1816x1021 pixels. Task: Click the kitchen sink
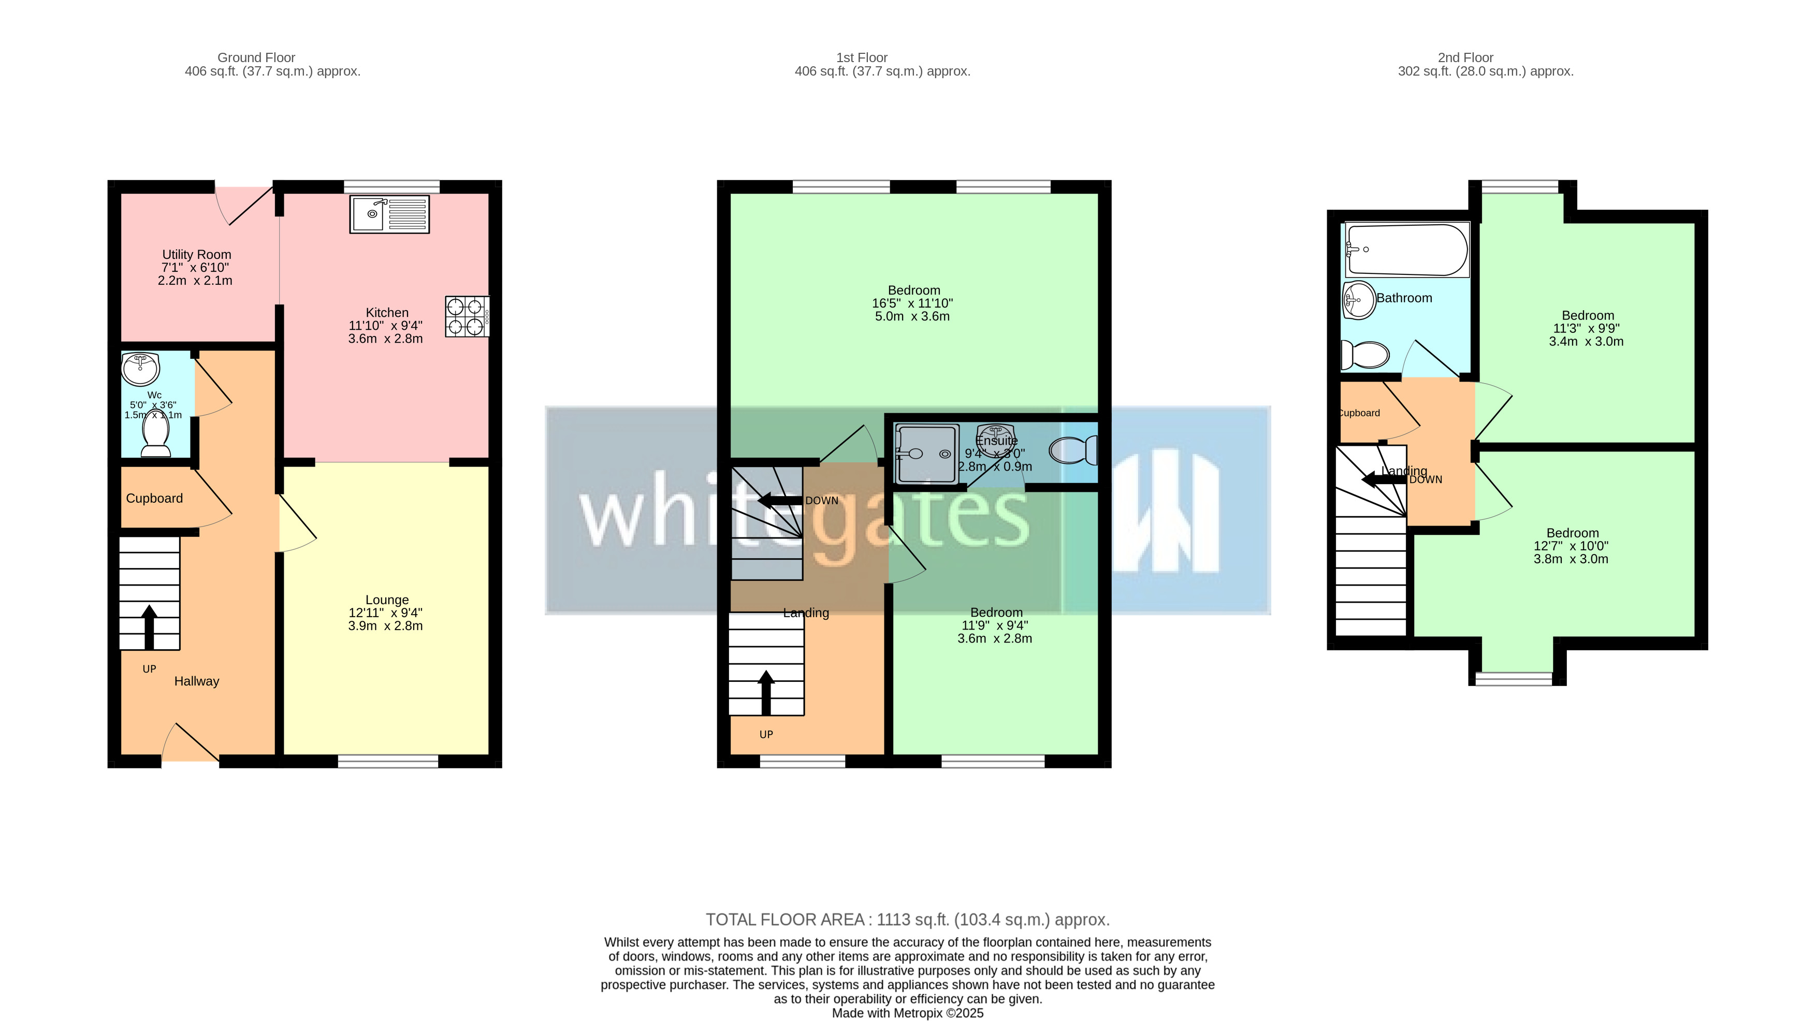(389, 214)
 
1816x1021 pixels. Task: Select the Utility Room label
(197, 255)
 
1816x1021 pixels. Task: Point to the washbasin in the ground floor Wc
(140, 368)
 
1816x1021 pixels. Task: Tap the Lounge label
(387, 600)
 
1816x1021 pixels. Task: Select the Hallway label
(197, 681)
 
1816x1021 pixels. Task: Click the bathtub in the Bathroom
(1406, 250)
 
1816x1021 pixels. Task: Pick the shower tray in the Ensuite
(926, 454)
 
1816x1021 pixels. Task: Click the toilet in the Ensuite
(1075, 450)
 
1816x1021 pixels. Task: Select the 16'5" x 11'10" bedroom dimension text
(912, 303)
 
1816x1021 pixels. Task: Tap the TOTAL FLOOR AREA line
(907, 920)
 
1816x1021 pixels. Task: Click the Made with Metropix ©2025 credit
(907, 1013)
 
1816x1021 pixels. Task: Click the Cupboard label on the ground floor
(154, 499)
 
